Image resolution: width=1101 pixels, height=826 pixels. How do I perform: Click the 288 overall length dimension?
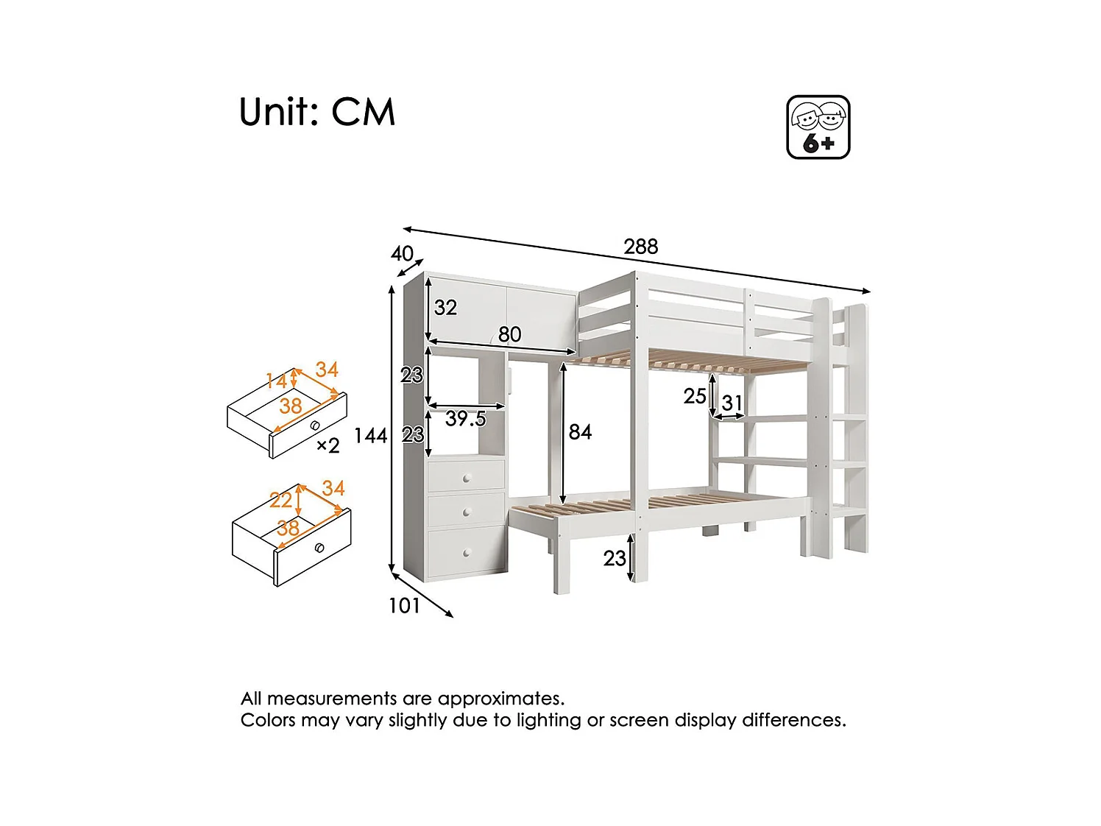[640, 247]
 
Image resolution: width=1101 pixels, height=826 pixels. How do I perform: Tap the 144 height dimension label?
[370, 436]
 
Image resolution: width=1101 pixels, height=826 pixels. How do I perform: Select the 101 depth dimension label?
[404, 606]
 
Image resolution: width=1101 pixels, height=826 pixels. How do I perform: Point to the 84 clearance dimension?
[580, 432]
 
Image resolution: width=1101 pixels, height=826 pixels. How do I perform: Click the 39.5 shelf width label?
[465, 419]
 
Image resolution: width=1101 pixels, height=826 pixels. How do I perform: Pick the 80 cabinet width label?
[509, 335]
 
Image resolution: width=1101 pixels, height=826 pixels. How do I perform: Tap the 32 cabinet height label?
[445, 308]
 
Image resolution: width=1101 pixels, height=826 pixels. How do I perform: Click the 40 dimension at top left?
[402, 254]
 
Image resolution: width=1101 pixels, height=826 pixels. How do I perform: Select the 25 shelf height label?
[694, 396]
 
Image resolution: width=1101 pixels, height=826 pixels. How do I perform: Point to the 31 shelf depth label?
[732, 403]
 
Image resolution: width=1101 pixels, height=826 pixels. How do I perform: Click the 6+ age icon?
[818, 127]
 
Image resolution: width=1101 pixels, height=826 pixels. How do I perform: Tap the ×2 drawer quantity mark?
[328, 445]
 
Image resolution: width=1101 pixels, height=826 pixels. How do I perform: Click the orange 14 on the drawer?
[276, 381]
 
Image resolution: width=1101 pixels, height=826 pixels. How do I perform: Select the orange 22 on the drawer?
[280, 501]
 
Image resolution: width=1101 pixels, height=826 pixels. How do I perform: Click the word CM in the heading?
[363, 113]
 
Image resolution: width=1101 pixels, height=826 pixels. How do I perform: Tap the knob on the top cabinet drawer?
[466, 479]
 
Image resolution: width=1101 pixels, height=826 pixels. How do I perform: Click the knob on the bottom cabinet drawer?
[466, 552]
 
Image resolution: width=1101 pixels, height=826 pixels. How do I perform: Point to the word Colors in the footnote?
[268, 720]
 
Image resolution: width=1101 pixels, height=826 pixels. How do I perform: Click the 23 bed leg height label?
[615, 559]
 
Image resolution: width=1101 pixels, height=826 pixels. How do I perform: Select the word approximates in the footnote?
[500, 699]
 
